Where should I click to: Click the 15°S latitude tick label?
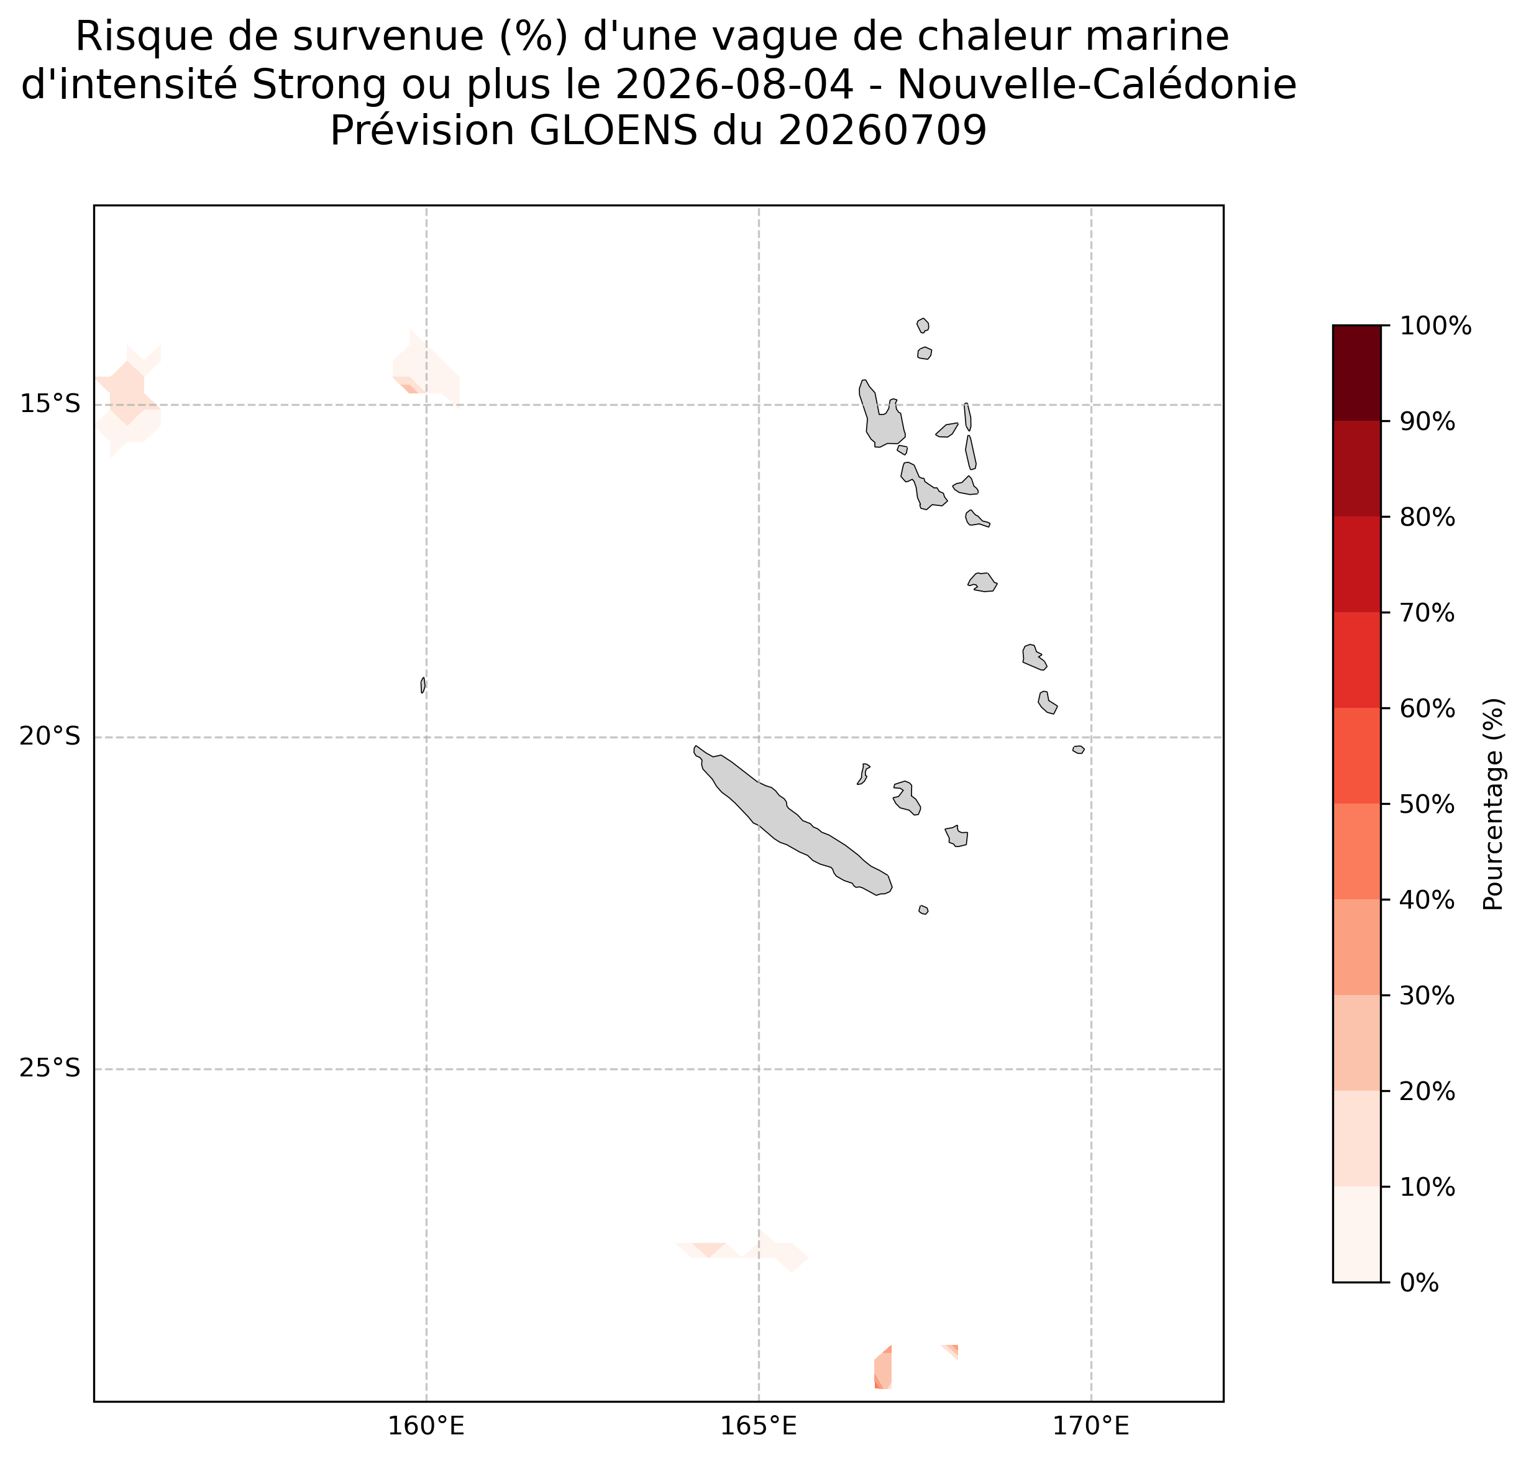click(x=50, y=405)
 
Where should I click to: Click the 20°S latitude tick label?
click(x=50, y=737)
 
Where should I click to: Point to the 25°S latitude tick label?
click(x=50, y=1070)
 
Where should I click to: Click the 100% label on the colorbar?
click(x=1435, y=326)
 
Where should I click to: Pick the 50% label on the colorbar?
click(x=1427, y=804)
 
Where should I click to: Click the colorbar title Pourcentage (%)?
click(x=1493, y=804)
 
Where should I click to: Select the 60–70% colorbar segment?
click(x=1356, y=661)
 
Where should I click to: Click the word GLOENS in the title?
click(x=613, y=131)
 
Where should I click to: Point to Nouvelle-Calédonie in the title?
click(x=1097, y=85)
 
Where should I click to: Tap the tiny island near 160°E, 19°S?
click(x=423, y=685)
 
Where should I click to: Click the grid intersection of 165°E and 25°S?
click(x=758, y=1070)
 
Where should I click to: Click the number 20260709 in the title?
click(x=883, y=131)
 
